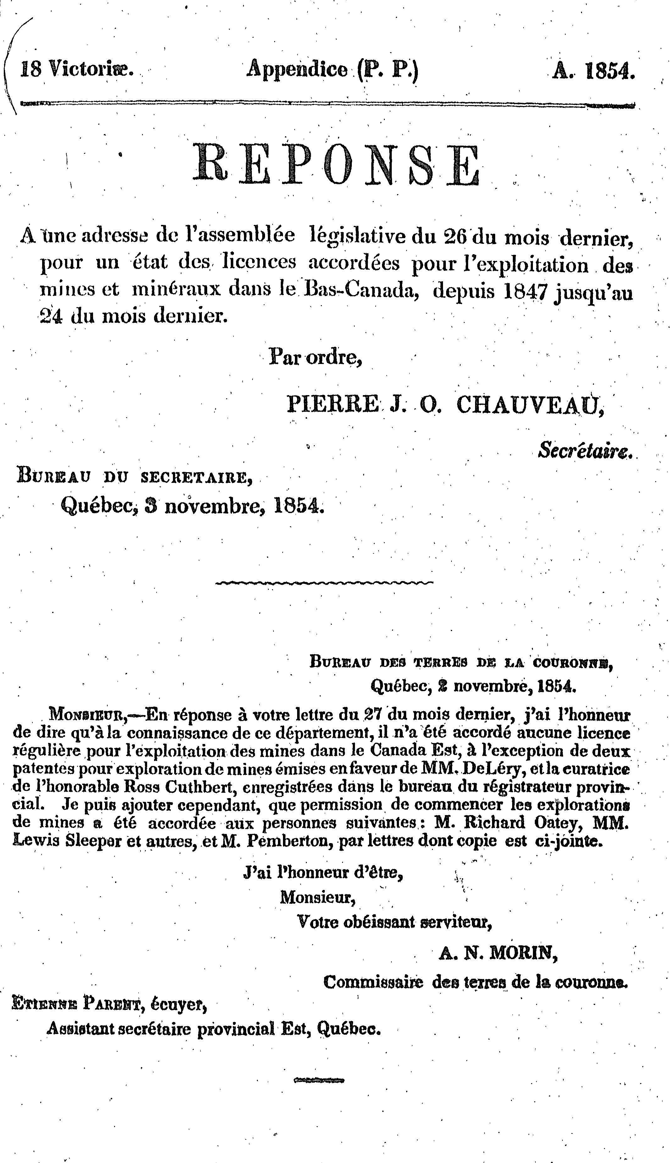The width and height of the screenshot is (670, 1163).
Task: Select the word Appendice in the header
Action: pyautogui.click(x=297, y=70)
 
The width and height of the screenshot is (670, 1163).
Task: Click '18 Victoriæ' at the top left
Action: pyautogui.click(x=76, y=69)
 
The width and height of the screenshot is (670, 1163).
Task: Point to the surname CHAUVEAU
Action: pyautogui.click(x=529, y=404)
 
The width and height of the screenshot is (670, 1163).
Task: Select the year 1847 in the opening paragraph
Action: pyautogui.click(x=526, y=292)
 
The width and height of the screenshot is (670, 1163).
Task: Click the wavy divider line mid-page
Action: pyautogui.click(x=324, y=583)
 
